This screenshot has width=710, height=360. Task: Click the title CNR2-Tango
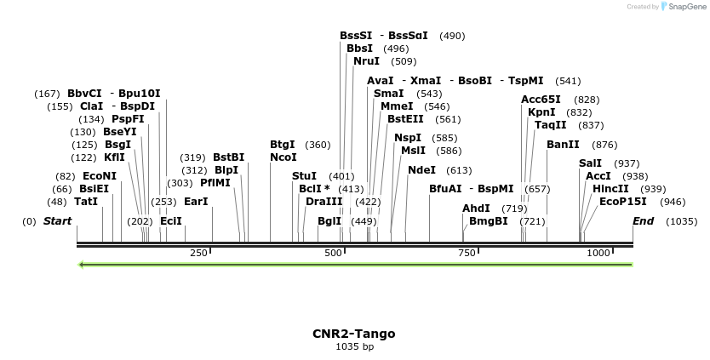pos(353,334)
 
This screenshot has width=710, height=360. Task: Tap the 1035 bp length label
pos(353,347)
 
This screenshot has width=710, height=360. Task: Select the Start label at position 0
pos(57,221)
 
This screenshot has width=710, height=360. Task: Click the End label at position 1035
pos(643,221)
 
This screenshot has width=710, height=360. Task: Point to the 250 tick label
pos(198,253)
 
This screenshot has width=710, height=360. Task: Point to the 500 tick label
pos(333,253)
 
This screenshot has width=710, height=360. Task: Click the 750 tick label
pos(467,253)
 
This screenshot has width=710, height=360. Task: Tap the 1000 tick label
pos(598,253)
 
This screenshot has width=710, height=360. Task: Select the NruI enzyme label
pos(367,61)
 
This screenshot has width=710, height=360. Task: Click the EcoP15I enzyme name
pos(623,202)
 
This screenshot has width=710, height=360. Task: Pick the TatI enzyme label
pos(86,202)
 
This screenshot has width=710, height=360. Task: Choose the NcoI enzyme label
pos(283,157)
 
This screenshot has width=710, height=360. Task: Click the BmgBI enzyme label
pos(488,221)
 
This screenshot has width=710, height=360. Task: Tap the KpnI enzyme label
pos(541,112)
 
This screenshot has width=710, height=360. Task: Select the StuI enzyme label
pos(304,176)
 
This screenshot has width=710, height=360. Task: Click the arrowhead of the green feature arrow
pos(81,265)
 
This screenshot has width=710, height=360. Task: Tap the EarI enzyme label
pos(196,202)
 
